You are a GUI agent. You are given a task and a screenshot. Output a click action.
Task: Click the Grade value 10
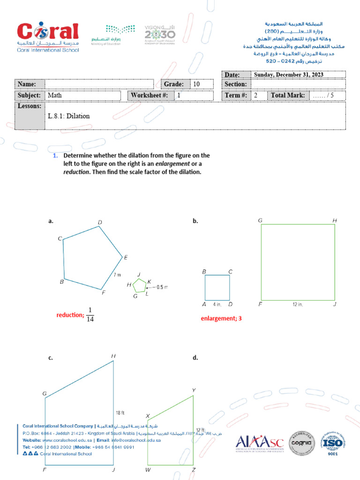(x=196, y=84)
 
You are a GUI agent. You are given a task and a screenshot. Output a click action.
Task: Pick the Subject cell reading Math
(x=55, y=95)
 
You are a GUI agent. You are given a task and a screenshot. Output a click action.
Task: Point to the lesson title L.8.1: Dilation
(x=68, y=116)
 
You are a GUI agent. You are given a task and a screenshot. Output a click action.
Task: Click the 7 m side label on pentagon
(x=117, y=275)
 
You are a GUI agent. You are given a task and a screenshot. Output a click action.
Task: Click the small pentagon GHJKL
(x=139, y=285)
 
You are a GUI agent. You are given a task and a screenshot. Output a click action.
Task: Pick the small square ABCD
(x=217, y=287)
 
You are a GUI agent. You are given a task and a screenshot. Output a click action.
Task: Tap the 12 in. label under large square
(x=298, y=305)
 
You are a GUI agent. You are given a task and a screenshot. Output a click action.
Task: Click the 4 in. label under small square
(x=217, y=305)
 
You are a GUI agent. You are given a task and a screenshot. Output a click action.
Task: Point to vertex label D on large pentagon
(x=100, y=222)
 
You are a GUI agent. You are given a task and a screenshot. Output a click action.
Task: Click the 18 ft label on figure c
(x=120, y=413)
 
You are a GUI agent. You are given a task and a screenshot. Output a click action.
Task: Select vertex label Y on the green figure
(x=194, y=390)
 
